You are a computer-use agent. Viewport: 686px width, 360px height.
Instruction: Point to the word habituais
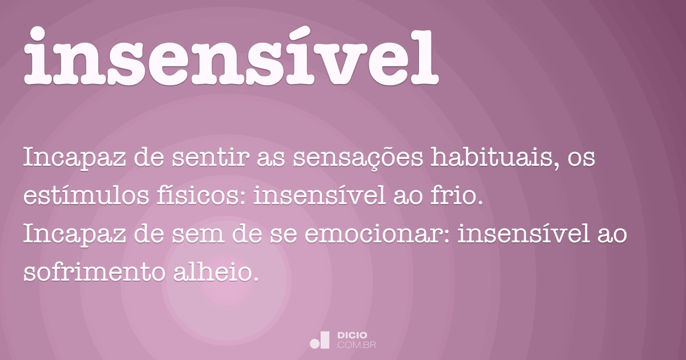point(493,158)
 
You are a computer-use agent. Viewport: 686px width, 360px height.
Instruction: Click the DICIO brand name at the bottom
point(353,335)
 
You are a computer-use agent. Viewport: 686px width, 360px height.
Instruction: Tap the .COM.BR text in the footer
point(356,345)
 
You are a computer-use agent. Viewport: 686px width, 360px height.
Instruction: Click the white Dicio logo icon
point(320,340)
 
